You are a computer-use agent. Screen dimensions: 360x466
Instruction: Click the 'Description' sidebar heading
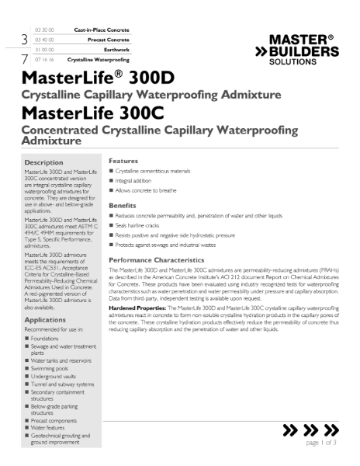click(49, 162)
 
